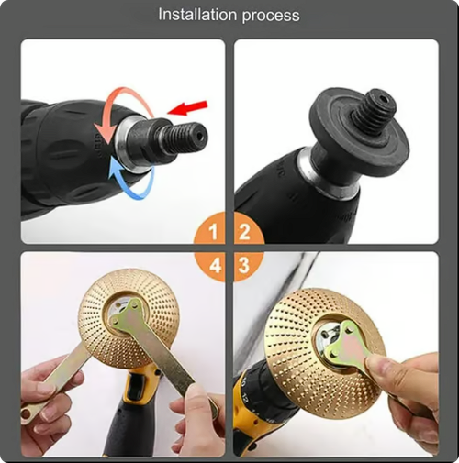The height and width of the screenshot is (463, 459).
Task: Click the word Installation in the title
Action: pyautogui.click(x=197, y=15)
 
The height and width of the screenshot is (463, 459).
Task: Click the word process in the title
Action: pyautogui.click(x=271, y=16)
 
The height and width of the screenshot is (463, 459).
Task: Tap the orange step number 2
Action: pyautogui.click(x=244, y=231)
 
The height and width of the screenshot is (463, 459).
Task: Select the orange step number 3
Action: pyautogui.click(x=244, y=266)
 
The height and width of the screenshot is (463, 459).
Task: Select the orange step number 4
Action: pyautogui.click(x=213, y=266)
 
